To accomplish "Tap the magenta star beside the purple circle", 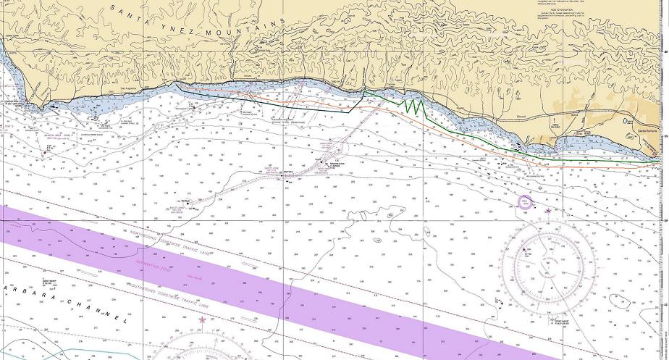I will [x=548, y=210].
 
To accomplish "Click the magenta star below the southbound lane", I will [x=201, y=319].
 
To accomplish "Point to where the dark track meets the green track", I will [x=363, y=93].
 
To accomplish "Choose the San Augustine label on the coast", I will [x=128, y=89].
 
